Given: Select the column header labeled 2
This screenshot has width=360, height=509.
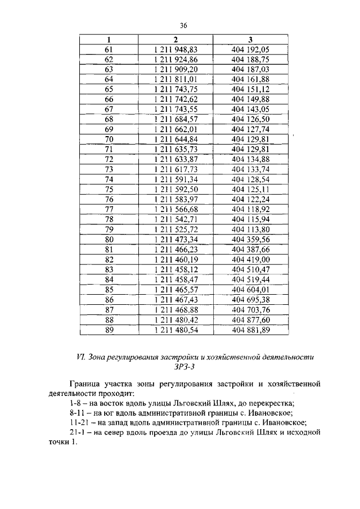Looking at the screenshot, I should click(x=177, y=39).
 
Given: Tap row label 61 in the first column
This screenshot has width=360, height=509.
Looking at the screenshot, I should click(x=109, y=49).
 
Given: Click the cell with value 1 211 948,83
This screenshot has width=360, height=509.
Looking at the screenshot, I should click(x=177, y=49).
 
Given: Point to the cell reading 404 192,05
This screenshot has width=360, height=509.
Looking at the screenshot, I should click(x=250, y=49).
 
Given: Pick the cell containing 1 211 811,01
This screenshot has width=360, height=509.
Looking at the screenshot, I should click(x=177, y=79).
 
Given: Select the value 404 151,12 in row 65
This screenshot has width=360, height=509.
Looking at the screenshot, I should click(x=250, y=89).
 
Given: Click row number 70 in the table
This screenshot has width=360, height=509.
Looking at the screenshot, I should click(x=109, y=139).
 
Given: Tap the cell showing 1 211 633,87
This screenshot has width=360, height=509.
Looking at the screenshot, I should click(x=177, y=159).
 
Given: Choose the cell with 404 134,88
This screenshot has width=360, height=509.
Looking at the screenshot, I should click(x=250, y=159).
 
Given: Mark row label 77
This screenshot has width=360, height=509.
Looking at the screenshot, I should click(x=109, y=209).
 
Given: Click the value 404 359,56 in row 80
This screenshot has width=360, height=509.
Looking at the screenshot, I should click(x=250, y=239).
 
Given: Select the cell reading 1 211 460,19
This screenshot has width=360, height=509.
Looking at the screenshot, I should click(x=177, y=259).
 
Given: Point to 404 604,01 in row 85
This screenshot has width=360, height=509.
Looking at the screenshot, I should click(x=250, y=289).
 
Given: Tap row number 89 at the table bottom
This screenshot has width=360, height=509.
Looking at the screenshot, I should click(x=109, y=330).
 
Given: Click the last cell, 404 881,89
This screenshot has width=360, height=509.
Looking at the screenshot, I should click(x=250, y=330).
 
